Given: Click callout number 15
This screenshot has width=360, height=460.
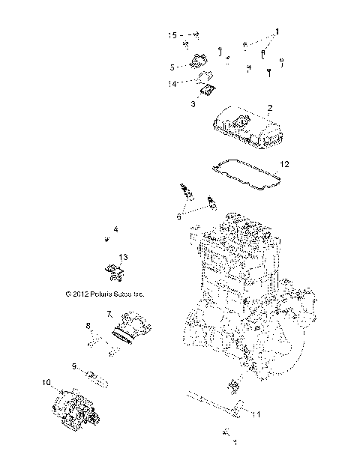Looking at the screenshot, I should pos(172,34).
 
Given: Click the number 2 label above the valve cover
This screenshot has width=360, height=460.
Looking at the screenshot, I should pos(269,107).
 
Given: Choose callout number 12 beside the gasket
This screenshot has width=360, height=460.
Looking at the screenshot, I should pos(284,163).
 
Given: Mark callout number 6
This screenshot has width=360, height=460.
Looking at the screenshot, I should pos(178,215).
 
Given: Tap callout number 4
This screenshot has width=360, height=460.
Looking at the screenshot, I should pos(116,229).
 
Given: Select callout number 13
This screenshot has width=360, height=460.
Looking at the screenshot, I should pos(124,256).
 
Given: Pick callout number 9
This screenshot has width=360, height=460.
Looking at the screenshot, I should pos(73,366).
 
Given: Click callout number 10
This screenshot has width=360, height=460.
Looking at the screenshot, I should pos(46,383).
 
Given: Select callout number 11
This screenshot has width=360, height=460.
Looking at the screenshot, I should pos(256,414).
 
